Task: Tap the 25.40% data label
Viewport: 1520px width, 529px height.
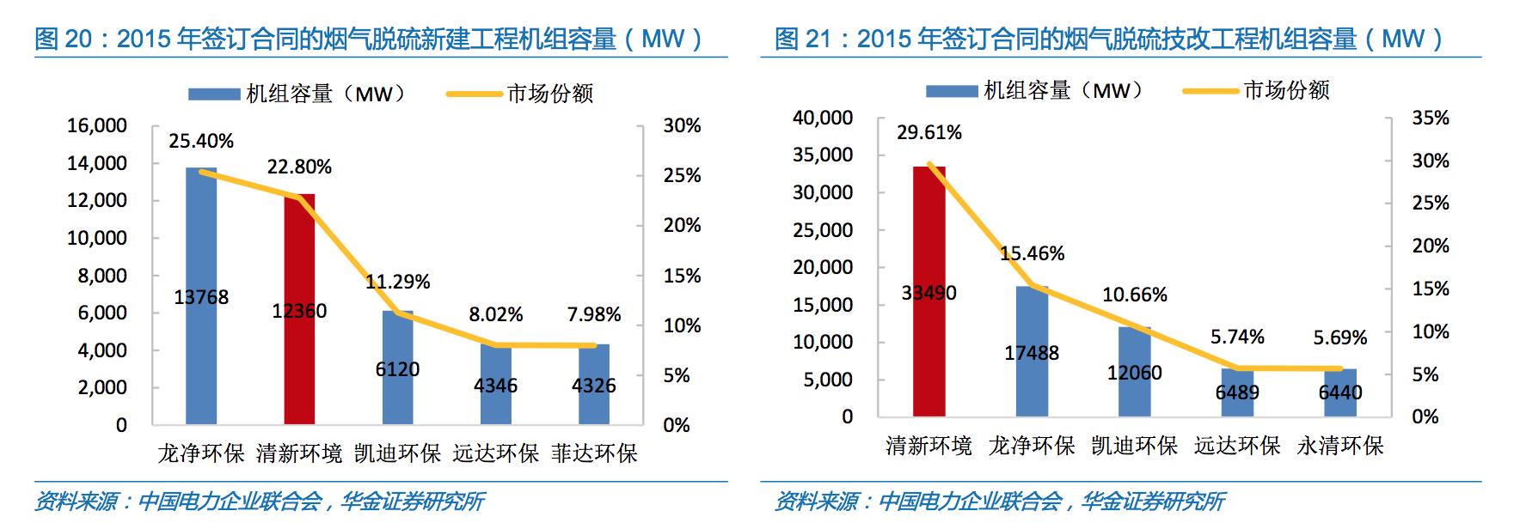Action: pyautogui.click(x=201, y=141)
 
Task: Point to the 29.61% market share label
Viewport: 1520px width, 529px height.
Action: pyautogui.click(x=929, y=132)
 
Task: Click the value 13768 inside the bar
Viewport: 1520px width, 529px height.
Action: pyautogui.click(x=201, y=297)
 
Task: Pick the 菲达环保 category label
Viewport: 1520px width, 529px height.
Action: pyautogui.click(x=594, y=453)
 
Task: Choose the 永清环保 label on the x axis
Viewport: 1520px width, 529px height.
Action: pyautogui.click(x=1339, y=446)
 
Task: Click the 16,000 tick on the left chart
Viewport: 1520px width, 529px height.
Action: pyautogui.click(x=97, y=125)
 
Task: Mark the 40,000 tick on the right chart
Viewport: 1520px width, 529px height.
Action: pyautogui.click(x=823, y=118)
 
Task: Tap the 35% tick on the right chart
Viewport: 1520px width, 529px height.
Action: pyautogui.click(x=1431, y=118)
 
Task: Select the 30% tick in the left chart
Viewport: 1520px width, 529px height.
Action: pyautogui.click(x=682, y=125)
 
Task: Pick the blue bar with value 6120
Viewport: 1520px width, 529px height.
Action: pyautogui.click(x=397, y=344)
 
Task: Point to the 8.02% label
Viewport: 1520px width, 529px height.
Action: pyautogui.click(x=495, y=314)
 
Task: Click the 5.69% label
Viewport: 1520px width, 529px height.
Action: pyautogui.click(x=1339, y=337)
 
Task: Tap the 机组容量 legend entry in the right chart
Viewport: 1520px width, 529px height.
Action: pyautogui.click(x=1063, y=90)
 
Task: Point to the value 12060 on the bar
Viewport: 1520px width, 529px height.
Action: pyautogui.click(x=1134, y=373)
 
